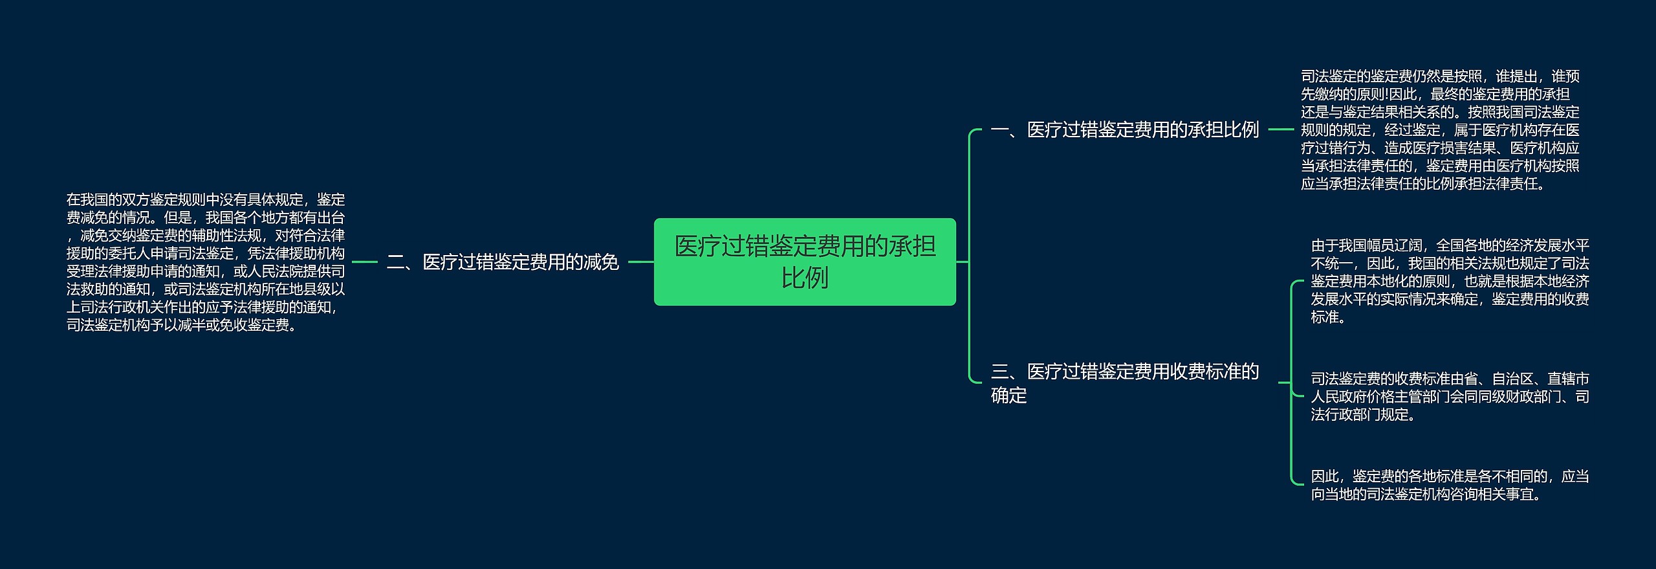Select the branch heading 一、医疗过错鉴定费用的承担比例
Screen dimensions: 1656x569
1125,130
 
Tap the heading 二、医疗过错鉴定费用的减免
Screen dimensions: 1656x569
503,262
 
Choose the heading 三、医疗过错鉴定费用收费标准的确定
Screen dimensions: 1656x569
1125,383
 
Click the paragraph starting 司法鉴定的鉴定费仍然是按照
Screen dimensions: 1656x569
1440,130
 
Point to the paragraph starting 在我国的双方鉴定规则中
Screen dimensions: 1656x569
206,262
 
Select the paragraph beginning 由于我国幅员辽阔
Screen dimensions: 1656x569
1450,281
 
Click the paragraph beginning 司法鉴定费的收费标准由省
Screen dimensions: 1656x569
1450,396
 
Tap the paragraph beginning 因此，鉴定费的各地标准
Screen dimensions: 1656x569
1450,485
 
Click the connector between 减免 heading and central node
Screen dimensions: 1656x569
640,262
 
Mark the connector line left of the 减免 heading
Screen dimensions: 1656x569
365,262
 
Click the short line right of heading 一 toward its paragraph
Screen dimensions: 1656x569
1280,129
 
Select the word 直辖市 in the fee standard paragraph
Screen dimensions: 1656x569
1568,379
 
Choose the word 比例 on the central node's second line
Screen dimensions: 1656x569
805,278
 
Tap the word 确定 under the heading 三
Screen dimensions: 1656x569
1008,395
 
